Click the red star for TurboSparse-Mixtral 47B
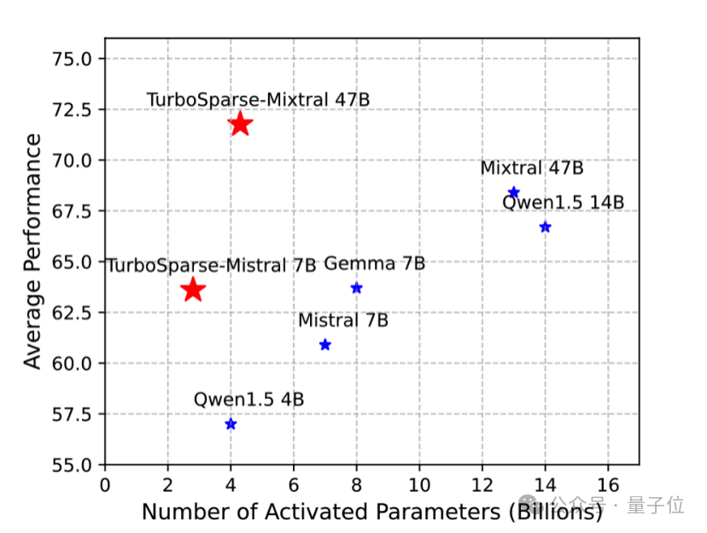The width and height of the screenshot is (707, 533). pos(240,124)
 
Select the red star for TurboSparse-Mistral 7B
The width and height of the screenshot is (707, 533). pos(193,290)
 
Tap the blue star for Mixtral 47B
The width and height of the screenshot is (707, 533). pos(514,192)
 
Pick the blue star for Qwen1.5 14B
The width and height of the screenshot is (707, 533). pos(546,227)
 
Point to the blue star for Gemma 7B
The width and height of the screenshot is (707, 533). pos(357,288)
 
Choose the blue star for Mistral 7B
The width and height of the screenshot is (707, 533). pos(325,345)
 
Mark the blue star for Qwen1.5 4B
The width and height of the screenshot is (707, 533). pos(231,425)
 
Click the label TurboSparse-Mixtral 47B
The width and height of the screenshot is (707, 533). pos(258,99)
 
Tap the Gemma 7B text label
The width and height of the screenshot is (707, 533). pos(374,264)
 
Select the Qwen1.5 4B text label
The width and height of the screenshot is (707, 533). pos(248,399)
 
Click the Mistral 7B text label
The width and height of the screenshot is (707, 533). pos(343,320)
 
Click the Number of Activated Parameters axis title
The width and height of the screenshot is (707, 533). pos(371,512)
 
